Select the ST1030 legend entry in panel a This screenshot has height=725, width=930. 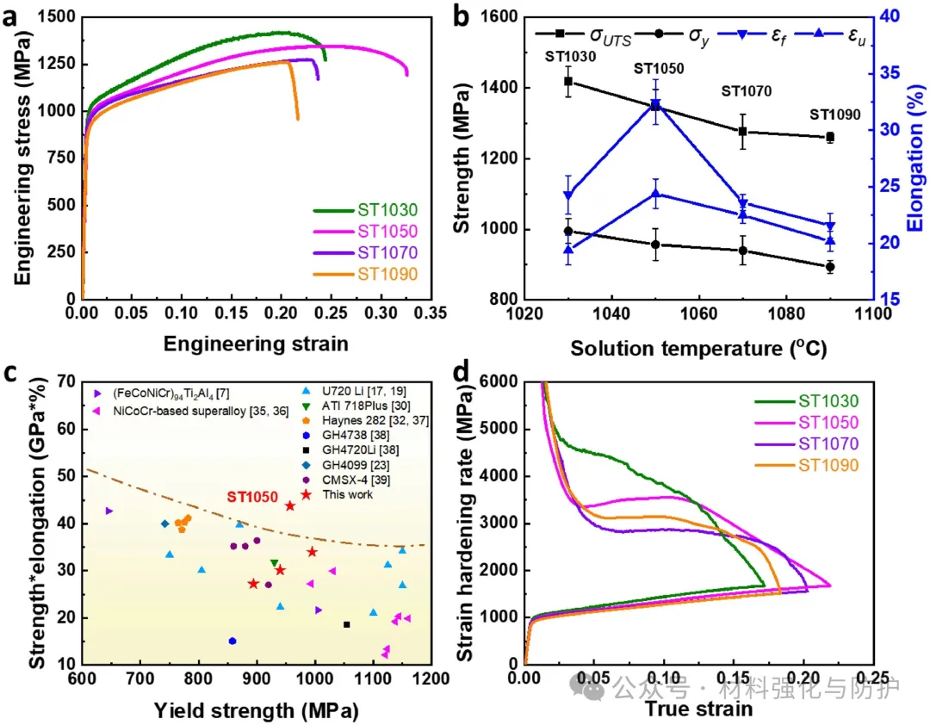coord(387,210)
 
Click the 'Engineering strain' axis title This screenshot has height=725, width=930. coord(257,344)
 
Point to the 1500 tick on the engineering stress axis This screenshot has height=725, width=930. coord(53,16)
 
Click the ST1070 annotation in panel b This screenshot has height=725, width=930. coord(746,90)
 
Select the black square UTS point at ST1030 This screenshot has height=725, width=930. coord(568,82)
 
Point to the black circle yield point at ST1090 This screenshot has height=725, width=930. coord(830,267)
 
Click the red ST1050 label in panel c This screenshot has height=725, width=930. coord(252,498)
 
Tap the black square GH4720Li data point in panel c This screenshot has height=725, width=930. coord(346,624)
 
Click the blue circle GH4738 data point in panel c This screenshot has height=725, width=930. coord(232,641)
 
